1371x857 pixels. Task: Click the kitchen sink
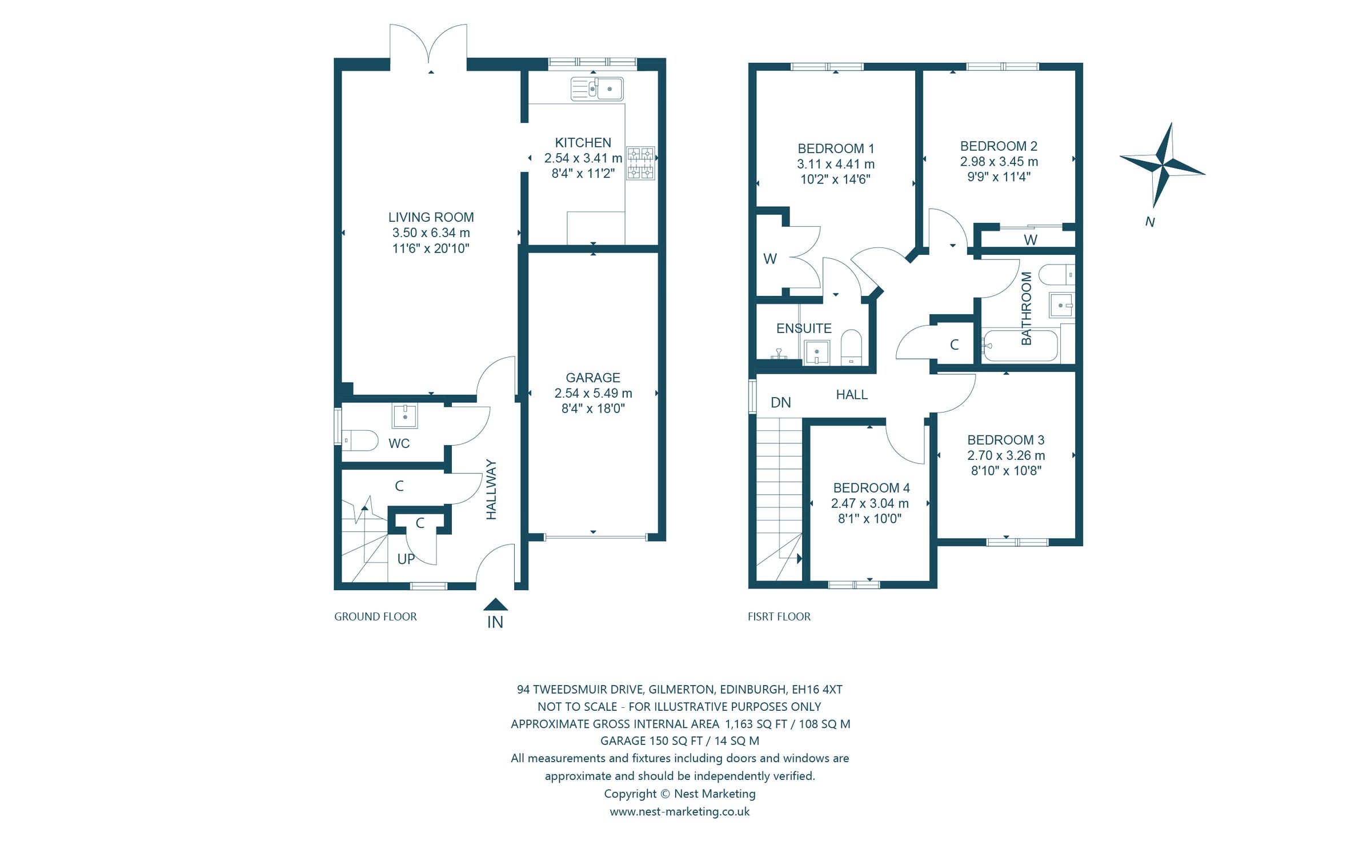tap(597, 89)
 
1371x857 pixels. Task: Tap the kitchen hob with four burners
tap(640, 163)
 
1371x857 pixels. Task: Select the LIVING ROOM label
tap(431, 217)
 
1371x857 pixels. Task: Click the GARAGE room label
tap(592, 378)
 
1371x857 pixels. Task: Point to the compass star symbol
tap(1163, 165)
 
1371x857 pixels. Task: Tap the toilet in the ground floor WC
tap(360, 440)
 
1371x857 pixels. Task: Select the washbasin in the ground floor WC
tap(404, 415)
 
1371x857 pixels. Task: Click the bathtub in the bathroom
tap(1020, 345)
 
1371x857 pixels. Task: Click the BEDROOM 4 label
tap(871, 488)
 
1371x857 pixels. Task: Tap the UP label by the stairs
tap(406, 559)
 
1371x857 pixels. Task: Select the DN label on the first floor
tap(780, 403)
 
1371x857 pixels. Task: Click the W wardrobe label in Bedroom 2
tap(1030, 240)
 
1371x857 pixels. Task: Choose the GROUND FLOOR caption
tap(375, 616)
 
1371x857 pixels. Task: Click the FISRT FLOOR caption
tap(779, 616)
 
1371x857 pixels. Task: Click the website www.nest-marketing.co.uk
tap(679, 811)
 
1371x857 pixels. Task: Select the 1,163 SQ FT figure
tap(756, 724)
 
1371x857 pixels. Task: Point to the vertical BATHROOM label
tap(1026, 308)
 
